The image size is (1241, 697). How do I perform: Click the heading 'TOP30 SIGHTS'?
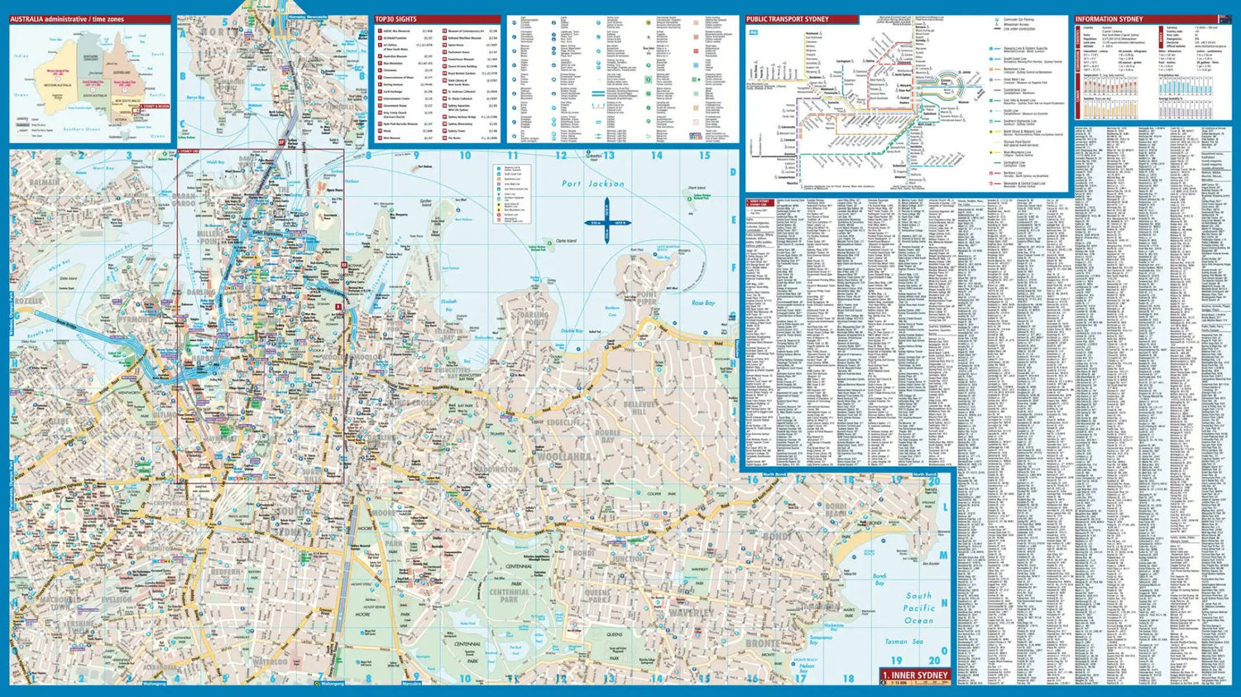tap(396, 19)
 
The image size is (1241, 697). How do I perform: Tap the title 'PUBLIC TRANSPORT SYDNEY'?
tap(787, 19)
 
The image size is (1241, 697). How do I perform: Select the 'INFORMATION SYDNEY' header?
tap(1109, 19)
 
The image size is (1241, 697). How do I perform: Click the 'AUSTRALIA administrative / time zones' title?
tap(67, 19)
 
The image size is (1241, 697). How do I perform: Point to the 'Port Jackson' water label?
tap(593, 184)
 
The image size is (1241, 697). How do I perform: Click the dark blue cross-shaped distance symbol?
tap(606, 224)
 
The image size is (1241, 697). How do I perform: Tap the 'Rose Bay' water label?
tap(703, 303)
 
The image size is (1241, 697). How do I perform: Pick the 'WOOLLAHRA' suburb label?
tap(564, 456)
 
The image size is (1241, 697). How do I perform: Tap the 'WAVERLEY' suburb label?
tap(691, 613)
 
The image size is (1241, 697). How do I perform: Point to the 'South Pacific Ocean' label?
tap(918, 608)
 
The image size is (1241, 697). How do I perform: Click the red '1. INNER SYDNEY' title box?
tap(916, 675)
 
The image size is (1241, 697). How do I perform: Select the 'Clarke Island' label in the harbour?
tap(566, 241)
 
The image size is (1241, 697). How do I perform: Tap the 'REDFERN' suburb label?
tap(225, 572)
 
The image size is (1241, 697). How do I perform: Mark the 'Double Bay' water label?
tap(572, 331)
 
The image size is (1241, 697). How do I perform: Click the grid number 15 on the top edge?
tap(704, 156)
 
